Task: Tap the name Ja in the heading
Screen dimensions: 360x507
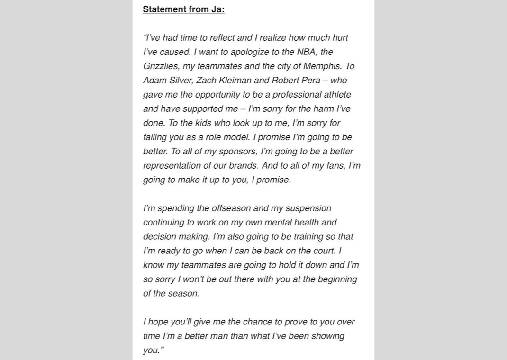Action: coord(217,9)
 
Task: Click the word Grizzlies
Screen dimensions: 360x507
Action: coord(161,66)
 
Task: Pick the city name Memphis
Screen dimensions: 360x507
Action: coord(322,66)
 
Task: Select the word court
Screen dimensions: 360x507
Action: coord(323,251)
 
